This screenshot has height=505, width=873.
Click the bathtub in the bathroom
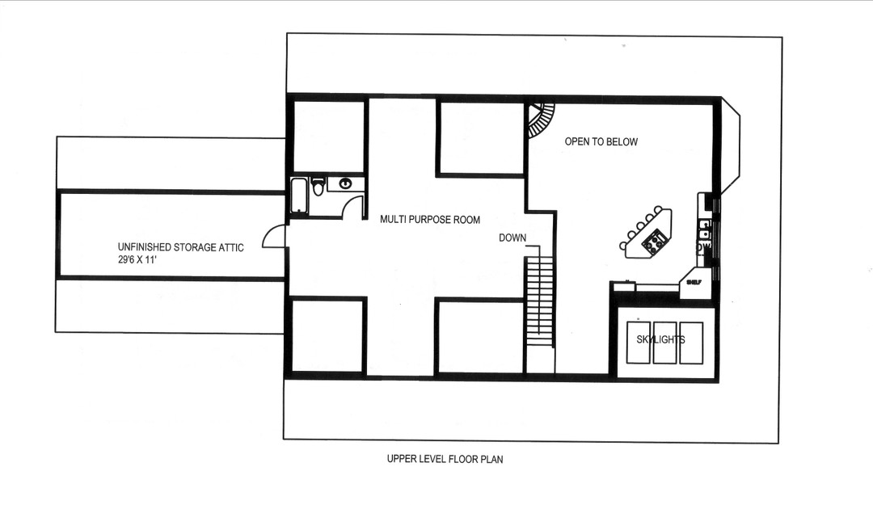pos(299,196)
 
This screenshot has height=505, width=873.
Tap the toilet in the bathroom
pos(318,187)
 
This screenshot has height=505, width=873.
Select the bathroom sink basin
pos(346,183)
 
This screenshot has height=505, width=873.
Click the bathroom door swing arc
pos(352,207)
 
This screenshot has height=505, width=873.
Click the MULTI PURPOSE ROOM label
pos(430,219)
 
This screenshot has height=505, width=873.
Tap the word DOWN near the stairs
pos(512,238)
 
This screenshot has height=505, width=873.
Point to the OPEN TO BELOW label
pos(601,142)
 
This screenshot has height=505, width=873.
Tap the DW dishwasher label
pos(705,246)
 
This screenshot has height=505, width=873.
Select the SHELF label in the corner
pos(693,282)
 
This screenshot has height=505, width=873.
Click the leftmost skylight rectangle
pos(639,342)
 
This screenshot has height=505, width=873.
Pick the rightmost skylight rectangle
pos(691,342)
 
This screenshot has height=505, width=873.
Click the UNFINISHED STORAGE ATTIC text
pos(180,247)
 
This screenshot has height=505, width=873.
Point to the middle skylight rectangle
pos(664,342)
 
